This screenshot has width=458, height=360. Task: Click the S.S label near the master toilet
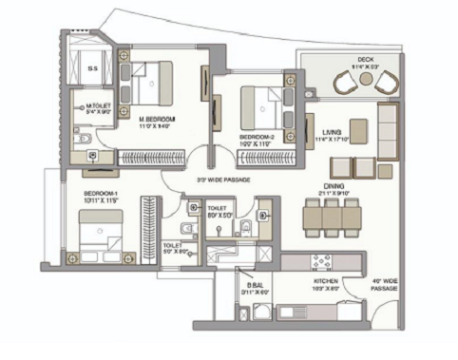(x=92, y=67)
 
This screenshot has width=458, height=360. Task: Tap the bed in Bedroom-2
(x=261, y=104)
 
